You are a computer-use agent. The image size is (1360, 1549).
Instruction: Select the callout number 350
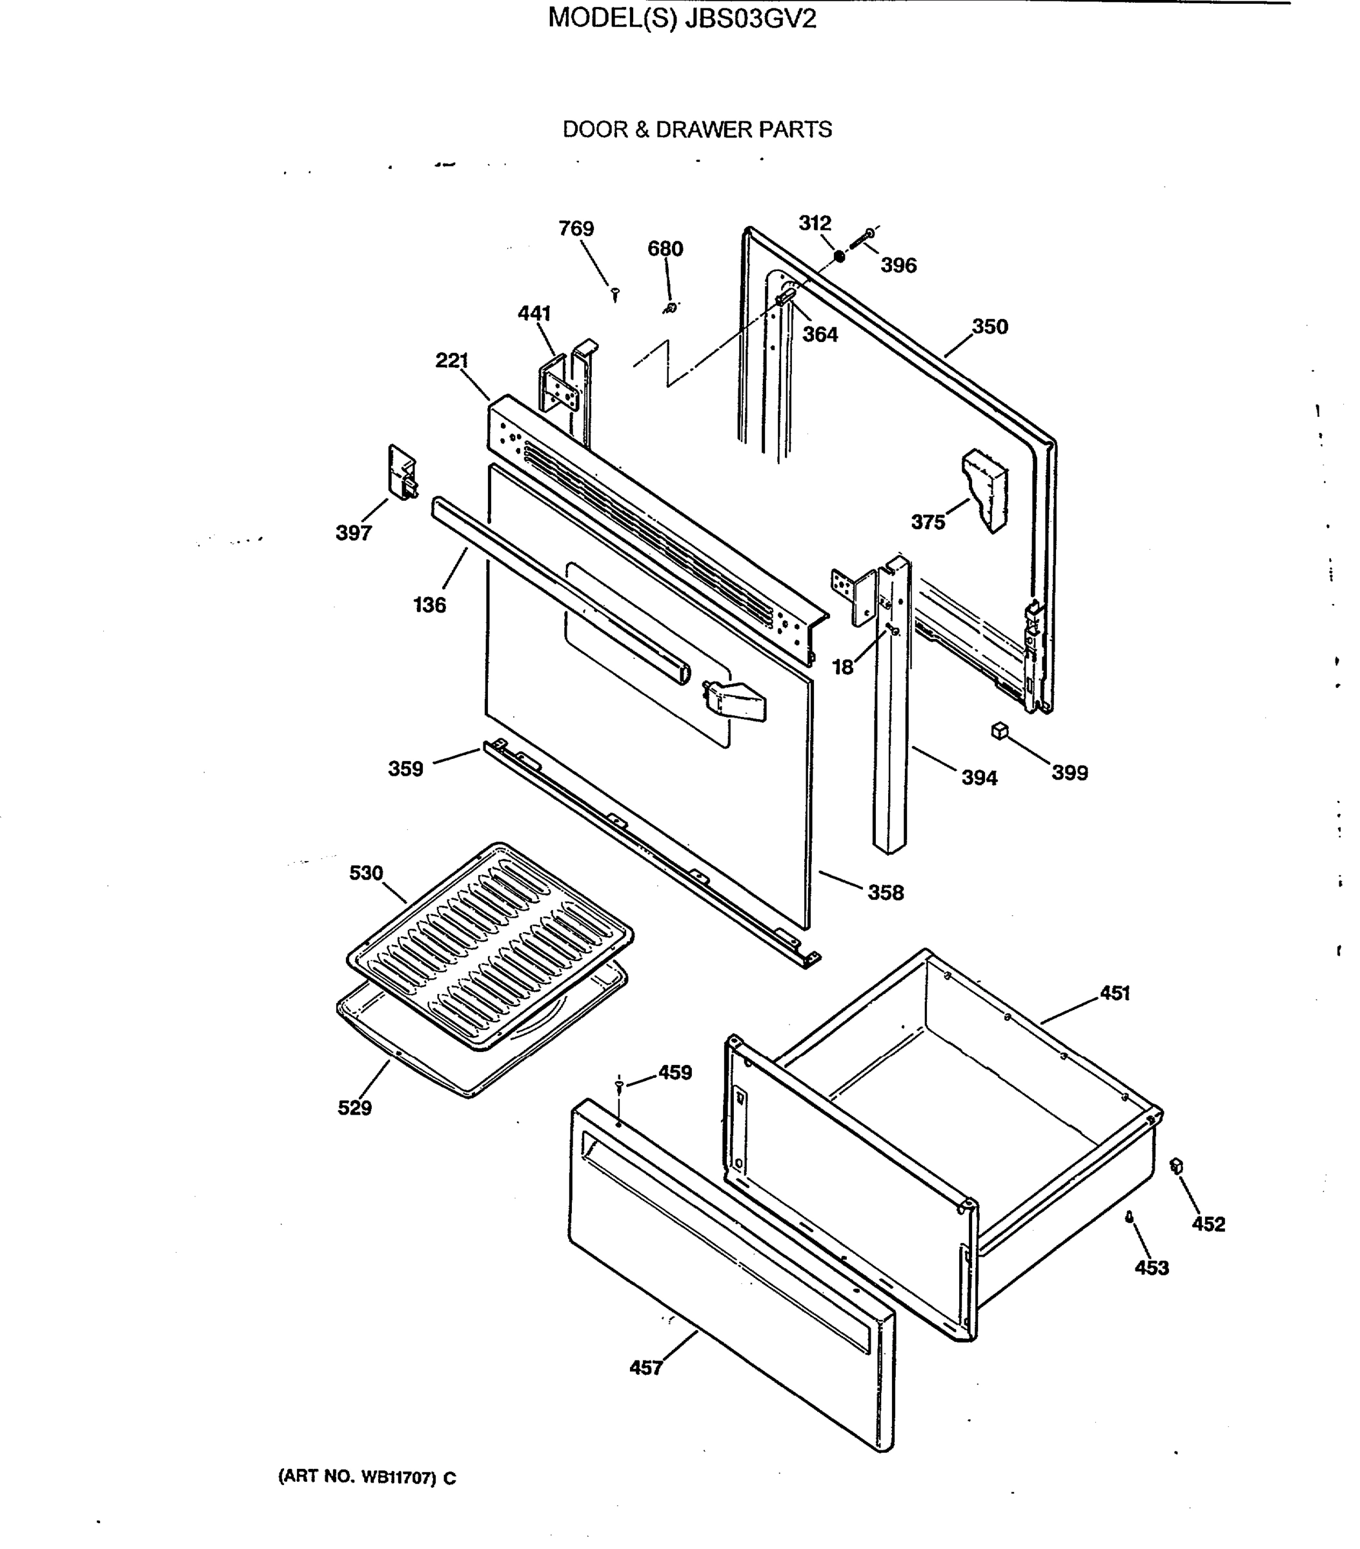[x=990, y=327]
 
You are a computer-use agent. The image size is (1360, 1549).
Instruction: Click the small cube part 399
[x=1000, y=731]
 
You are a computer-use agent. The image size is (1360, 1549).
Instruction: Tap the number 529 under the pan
[x=354, y=1108]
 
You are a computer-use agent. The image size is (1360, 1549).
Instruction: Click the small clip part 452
[x=1177, y=1166]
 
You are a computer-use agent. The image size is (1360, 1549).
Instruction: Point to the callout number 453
[x=1151, y=1267]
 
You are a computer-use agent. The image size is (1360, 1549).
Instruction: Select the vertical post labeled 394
[x=891, y=705]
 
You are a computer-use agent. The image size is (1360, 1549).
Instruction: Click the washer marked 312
[x=839, y=256]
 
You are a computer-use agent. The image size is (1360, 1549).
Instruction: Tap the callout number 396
[x=898, y=265]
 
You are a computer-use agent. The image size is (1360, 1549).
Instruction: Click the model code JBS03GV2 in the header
[x=750, y=18]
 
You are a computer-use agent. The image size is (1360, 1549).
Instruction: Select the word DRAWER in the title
[x=699, y=130]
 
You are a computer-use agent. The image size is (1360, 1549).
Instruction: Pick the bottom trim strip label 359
[x=405, y=769]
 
